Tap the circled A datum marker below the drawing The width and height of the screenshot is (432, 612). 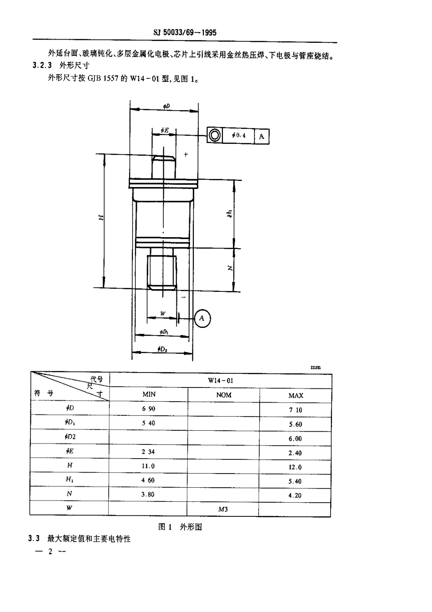pyautogui.click(x=202, y=318)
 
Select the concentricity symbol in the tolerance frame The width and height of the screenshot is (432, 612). pyautogui.click(x=215, y=135)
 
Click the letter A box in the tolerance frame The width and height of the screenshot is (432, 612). pyautogui.click(x=261, y=136)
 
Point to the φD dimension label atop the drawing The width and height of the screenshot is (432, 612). pyautogui.click(x=166, y=106)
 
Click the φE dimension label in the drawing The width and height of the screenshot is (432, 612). pyautogui.click(x=165, y=131)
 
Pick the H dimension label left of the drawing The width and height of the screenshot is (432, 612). pyautogui.click(x=101, y=217)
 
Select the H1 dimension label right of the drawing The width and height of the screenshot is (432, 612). pyautogui.click(x=231, y=213)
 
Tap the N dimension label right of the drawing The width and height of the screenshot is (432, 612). pyautogui.click(x=231, y=268)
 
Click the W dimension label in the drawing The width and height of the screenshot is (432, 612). pyautogui.click(x=162, y=314)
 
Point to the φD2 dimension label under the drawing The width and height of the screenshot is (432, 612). pyautogui.click(x=162, y=349)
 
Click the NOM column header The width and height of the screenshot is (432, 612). pyautogui.click(x=224, y=395)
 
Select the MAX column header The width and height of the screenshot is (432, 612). pyautogui.click(x=296, y=395)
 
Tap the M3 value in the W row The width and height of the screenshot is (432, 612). pyautogui.click(x=223, y=509)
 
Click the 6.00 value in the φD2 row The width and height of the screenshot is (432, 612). pyautogui.click(x=295, y=439)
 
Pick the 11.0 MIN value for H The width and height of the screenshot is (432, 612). pyautogui.click(x=149, y=466)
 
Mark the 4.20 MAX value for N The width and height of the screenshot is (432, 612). pyautogui.click(x=295, y=495)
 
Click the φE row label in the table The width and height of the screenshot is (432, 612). pyautogui.click(x=70, y=451)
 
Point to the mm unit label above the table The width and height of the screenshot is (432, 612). pyautogui.click(x=315, y=367)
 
